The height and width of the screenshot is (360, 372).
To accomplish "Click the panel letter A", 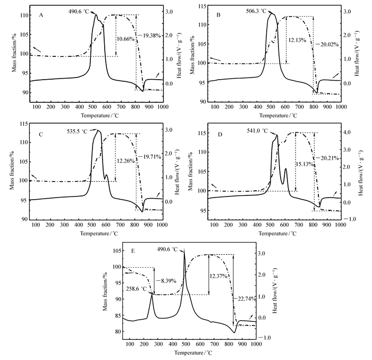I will [41, 15].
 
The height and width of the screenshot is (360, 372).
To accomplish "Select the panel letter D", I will [219, 134].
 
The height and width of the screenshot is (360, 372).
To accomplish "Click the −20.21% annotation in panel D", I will [327, 158].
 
